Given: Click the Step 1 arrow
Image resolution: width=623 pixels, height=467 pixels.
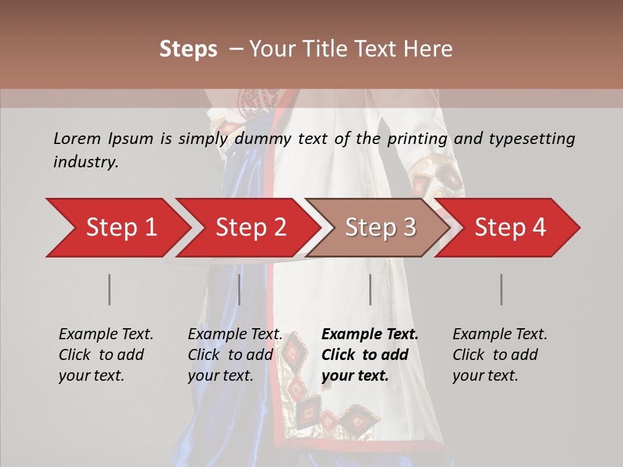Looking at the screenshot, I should click(120, 228).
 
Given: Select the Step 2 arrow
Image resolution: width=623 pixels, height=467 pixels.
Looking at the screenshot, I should click(250, 228).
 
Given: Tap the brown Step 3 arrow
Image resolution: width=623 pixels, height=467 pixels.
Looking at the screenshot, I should click(380, 228).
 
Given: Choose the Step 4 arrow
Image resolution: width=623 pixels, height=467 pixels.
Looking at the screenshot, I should click(509, 228).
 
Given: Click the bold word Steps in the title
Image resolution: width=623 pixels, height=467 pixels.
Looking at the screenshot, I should click(188, 49).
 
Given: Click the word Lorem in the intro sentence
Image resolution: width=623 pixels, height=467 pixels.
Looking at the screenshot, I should click(77, 138).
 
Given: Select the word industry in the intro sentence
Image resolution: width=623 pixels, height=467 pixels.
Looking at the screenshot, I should click(85, 162).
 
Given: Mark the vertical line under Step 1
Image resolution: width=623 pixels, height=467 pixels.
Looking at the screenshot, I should click(110, 289).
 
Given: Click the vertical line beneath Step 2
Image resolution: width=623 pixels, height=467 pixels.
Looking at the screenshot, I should click(239, 289).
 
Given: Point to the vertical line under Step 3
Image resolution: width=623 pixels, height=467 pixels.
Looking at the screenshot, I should click(371, 289).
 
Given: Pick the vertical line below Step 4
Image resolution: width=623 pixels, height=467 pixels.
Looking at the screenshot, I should click(502, 289).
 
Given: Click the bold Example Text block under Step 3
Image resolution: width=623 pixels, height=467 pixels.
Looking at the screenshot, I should click(369, 355).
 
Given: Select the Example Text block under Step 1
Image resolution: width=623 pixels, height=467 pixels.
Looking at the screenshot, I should click(105, 355).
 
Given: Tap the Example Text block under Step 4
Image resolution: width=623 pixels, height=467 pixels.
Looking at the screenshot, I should click(499, 355).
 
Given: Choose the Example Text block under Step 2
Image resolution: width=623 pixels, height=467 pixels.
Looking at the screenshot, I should click(234, 355).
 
